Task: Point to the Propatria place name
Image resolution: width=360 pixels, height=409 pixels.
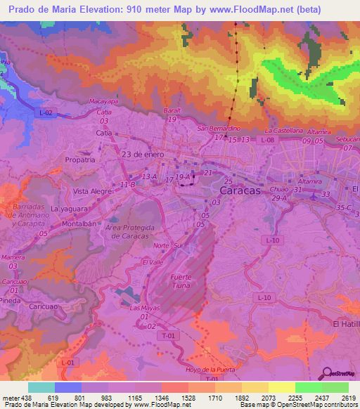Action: point(79,160)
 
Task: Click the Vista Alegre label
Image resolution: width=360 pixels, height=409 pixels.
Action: point(91,190)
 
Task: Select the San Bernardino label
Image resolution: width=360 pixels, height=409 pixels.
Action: point(224,129)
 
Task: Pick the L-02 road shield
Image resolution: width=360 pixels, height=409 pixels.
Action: point(46,112)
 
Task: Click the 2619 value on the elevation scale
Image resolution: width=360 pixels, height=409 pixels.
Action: point(347,397)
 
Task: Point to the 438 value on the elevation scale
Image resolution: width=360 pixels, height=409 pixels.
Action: point(20,397)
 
